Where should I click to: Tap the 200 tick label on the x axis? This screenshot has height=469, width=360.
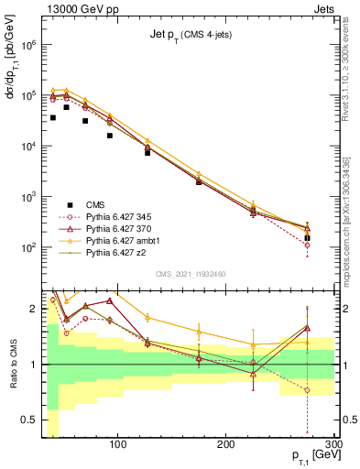click(226, 445)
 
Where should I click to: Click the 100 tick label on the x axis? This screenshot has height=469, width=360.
click(117, 445)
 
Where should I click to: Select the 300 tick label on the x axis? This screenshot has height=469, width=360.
click(333, 445)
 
